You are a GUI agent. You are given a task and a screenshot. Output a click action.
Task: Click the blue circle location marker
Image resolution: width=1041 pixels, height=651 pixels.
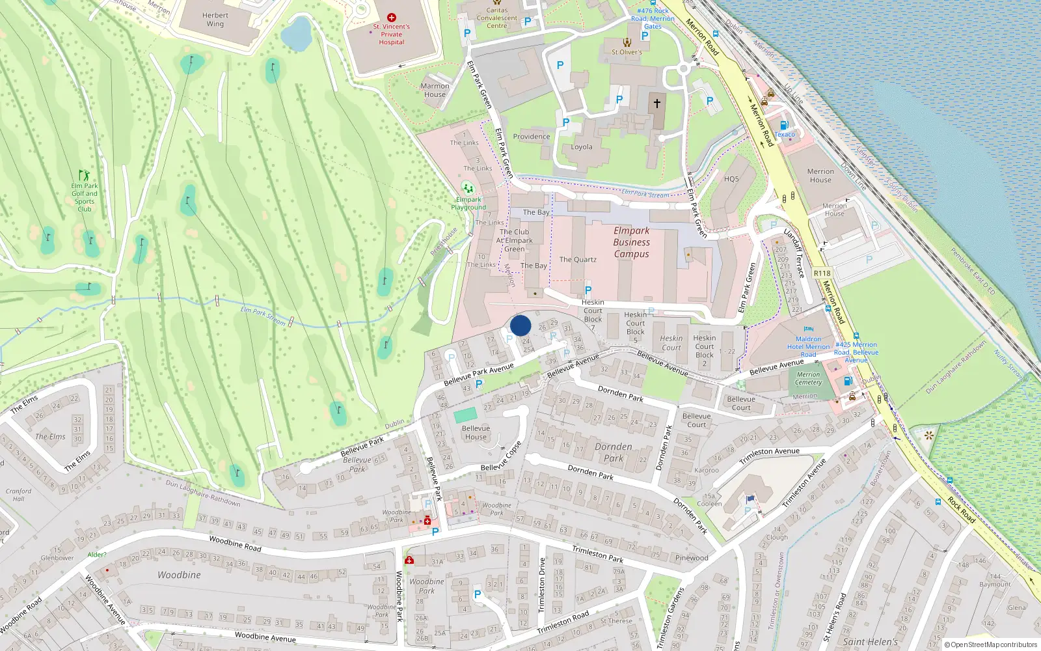click(x=520, y=325)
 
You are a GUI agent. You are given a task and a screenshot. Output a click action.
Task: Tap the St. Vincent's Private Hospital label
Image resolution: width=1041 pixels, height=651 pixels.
click(x=392, y=35)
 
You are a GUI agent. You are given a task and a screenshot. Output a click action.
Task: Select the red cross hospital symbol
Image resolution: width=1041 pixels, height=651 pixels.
click(x=392, y=18)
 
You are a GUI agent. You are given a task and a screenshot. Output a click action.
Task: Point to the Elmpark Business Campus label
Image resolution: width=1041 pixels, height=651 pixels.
click(x=631, y=242)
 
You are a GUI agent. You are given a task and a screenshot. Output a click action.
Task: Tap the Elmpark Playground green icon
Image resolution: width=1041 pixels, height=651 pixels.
click(x=468, y=189)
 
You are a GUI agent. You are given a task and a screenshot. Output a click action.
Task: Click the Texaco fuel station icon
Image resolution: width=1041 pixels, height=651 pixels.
click(x=785, y=125)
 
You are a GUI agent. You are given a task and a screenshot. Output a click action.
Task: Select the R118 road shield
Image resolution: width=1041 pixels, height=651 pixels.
click(x=822, y=273)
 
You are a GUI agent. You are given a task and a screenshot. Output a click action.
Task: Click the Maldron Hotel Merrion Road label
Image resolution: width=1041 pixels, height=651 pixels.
click(x=809, y=346)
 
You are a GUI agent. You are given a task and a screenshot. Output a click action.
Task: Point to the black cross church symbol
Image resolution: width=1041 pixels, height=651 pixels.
click(x=657, y=103)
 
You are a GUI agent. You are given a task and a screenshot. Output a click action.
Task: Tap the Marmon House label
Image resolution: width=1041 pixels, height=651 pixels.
click(x=435, y=90)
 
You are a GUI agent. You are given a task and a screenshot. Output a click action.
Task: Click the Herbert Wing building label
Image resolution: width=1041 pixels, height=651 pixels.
click(x=215, y=20)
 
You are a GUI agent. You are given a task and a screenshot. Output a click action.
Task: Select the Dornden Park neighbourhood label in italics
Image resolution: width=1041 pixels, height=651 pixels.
click(x=613, y=452)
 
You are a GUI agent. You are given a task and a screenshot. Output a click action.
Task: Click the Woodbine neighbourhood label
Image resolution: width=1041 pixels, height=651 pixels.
click(x=179, y=575)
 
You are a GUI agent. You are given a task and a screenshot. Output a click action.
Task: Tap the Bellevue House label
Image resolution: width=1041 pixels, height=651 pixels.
click(x=476, y=433)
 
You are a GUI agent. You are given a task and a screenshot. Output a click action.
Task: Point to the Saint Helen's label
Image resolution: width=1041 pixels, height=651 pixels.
click(x=870, y=642)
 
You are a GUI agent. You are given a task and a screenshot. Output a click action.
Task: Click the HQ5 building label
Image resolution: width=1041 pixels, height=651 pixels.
click(x=731, y=179)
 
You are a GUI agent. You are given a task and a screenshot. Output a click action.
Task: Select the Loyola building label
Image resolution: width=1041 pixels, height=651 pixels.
click(x=582, y=147)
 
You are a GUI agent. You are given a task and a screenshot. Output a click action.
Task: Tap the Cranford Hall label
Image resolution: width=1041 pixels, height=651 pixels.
click(x=18, y=495)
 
